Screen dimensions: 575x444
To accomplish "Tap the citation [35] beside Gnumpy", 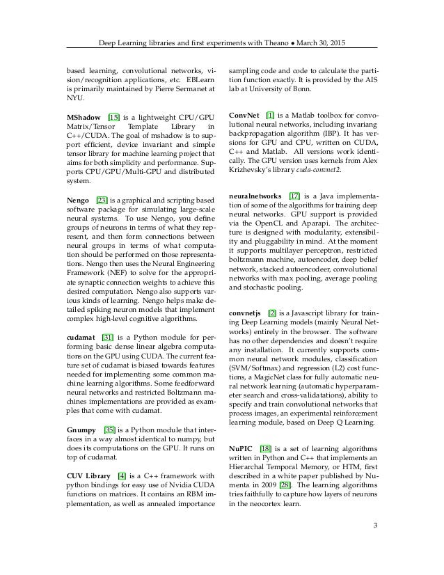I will [110, 432].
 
